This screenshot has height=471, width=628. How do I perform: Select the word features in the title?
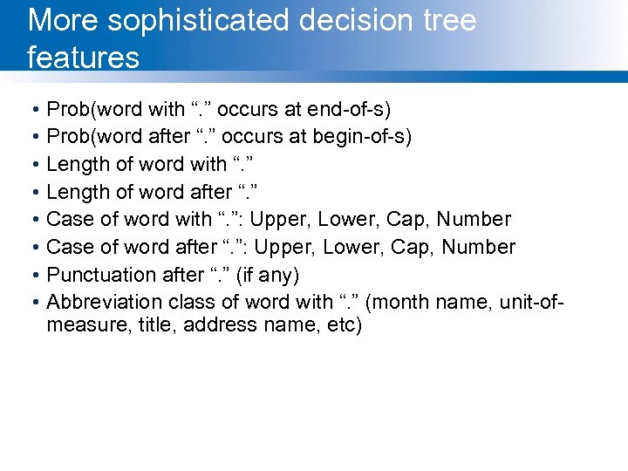click(x=84, y=58)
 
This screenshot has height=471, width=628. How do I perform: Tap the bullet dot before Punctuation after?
click(x=31, y=276)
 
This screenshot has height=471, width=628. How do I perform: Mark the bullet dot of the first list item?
click(x=31, y=110)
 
